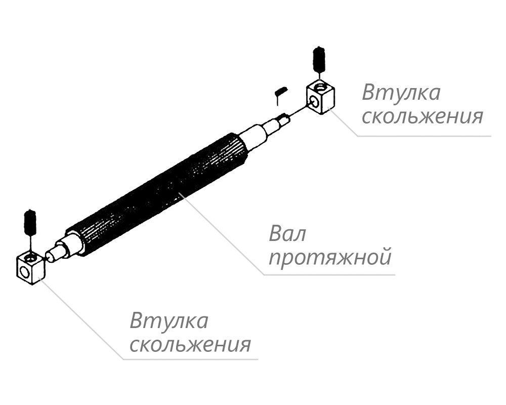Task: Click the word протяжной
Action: [330, 258]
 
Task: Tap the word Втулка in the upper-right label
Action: [401, 93]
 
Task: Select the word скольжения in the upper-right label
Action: [423, 116]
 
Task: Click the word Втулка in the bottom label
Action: [169, 320]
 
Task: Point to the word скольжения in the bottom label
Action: [190, 344]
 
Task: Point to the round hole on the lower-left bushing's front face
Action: [24, 272]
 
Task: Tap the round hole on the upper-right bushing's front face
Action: [314, 102]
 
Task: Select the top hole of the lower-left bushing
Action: [31, 258]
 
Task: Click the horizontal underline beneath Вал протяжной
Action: [329, 275]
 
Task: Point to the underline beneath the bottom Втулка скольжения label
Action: [190, 359]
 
